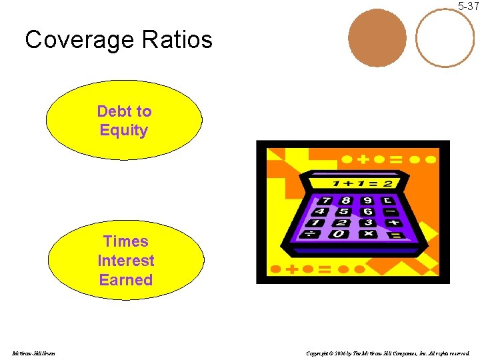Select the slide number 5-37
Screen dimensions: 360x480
pos(467,6)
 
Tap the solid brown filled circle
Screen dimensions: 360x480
pos(378,37)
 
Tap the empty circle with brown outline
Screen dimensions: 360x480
pos(445,37)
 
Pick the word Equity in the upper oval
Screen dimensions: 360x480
pos(123,130)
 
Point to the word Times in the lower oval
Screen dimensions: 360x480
pos(125,241)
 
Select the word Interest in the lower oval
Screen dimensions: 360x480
pos(125,261)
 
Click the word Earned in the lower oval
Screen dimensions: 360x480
pos(125,280)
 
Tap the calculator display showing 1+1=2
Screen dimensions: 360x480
pos(363,182)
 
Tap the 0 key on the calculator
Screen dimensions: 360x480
pos(339,234)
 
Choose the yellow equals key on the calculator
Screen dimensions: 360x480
pos(395,235)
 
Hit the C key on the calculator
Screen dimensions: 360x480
pos(389,200)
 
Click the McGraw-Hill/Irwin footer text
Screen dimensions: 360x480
pos(33,353)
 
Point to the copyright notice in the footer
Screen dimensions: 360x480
pos(387,353)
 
